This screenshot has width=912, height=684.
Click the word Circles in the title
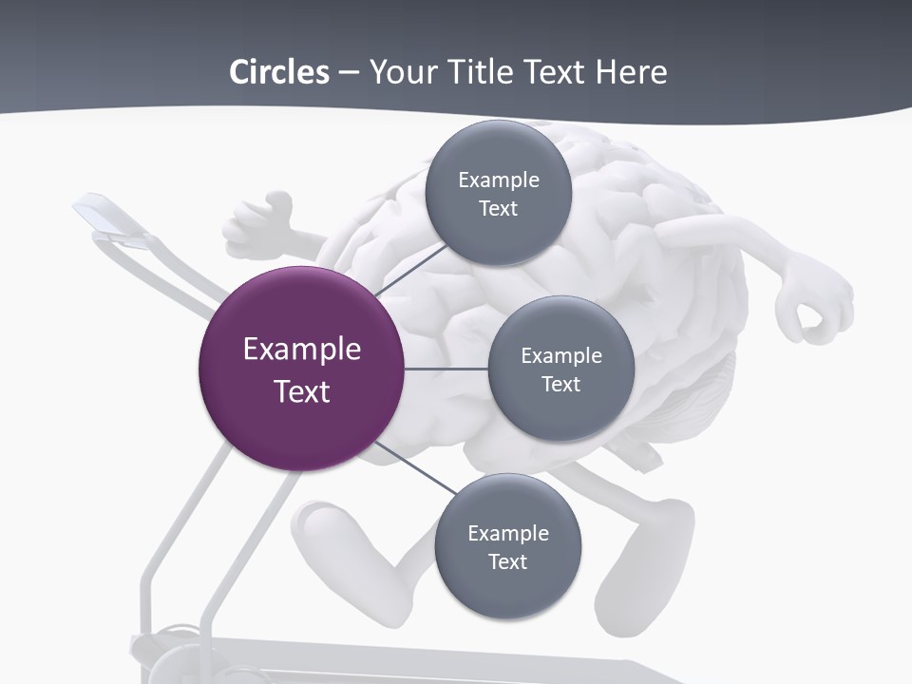(278, 72)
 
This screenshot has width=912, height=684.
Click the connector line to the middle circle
(446, 369)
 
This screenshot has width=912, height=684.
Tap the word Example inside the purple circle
(301, 350)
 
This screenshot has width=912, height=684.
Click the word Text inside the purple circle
(301, 391)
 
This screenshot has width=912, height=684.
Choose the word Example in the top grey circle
(498, 180)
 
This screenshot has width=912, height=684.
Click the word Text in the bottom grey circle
(507, 561)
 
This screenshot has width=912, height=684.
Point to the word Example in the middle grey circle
(560, 356)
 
